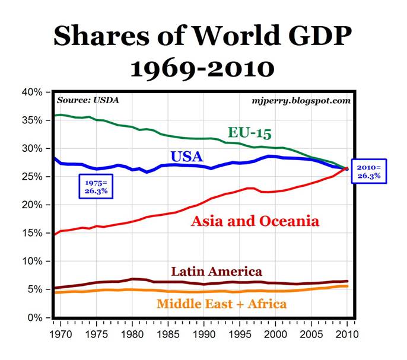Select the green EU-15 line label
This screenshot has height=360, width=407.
coord(249,132)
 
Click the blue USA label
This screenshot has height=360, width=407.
coord(187,157)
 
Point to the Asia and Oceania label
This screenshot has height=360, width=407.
coord(255,221)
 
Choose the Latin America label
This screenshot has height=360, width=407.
coord(217,272)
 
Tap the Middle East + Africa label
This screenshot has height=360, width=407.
coord(222,304)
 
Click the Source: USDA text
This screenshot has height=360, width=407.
coord(88,100)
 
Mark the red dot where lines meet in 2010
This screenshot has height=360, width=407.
coord(347,169)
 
